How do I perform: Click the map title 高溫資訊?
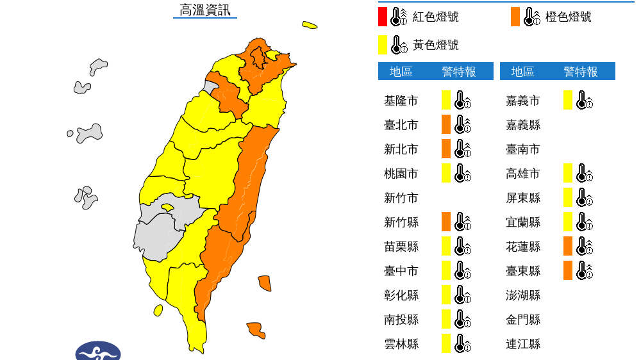click(x=204, y=10)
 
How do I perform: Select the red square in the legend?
click(x=383, y=16)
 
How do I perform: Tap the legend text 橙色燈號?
click(x=569, y=17)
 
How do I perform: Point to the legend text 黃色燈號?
click(x=435, y=45)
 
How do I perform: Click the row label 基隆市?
click(x=401, y=101)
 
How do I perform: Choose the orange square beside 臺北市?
click(x=446, y=124)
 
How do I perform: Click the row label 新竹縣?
click(x=401, y=222)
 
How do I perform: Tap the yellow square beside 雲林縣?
click(x=446, y=343)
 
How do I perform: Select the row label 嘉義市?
click(x=522, y=101)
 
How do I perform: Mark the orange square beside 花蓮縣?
click(x=568, y=246)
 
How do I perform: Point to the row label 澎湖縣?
click(x=522, y=295)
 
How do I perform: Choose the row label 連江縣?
click(x=522, y=344)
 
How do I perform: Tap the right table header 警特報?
click(x=581, y=72)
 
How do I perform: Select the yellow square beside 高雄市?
click(x=568, y=173)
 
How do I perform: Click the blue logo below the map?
click(x=98, y=352)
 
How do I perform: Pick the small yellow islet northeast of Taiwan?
click(x=310, y=26)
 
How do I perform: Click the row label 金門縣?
click(x=522, y=320)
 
